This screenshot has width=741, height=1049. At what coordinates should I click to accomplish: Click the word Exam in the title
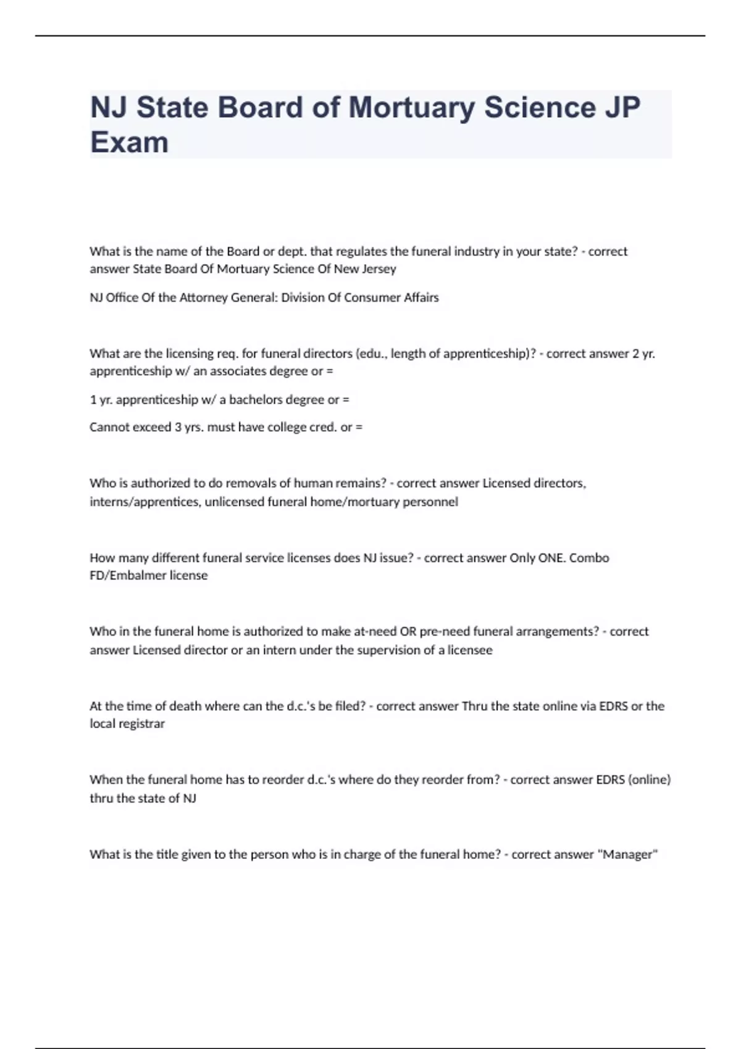point(129,143)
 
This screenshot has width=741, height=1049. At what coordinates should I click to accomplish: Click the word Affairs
point(421,297)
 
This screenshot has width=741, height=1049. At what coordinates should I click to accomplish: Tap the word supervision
point(390,650)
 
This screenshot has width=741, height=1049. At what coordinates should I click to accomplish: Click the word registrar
point(141,724)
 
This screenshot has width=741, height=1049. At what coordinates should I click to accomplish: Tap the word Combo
point(589,558)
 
